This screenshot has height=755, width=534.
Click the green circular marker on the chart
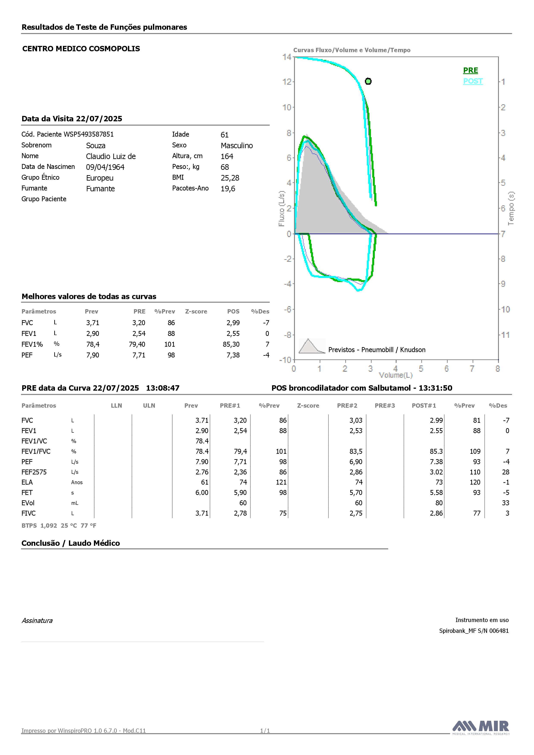tap(368, 81)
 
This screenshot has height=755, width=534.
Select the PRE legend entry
tap(470, 70)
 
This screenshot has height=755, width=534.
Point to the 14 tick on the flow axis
tap(287, 57)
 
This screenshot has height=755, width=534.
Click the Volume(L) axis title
tap(395, 375)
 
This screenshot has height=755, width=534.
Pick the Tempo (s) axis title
tap(511, 209)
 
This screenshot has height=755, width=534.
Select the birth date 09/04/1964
tap(105, 167)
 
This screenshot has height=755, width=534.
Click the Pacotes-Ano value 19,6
tap(228, 189)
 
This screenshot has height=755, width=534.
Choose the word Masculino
tap(237, 146)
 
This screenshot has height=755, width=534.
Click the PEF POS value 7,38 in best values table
tap(233, 355)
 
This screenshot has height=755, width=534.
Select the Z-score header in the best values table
tap(196, 311)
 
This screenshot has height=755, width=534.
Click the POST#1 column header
tap(424, 406)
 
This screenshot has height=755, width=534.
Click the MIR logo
tap(481, 727)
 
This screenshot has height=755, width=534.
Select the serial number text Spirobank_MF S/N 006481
tap(474, 631)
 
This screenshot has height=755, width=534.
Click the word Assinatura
tap(37, 621)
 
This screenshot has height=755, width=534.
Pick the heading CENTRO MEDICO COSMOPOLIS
tap(81, 49)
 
